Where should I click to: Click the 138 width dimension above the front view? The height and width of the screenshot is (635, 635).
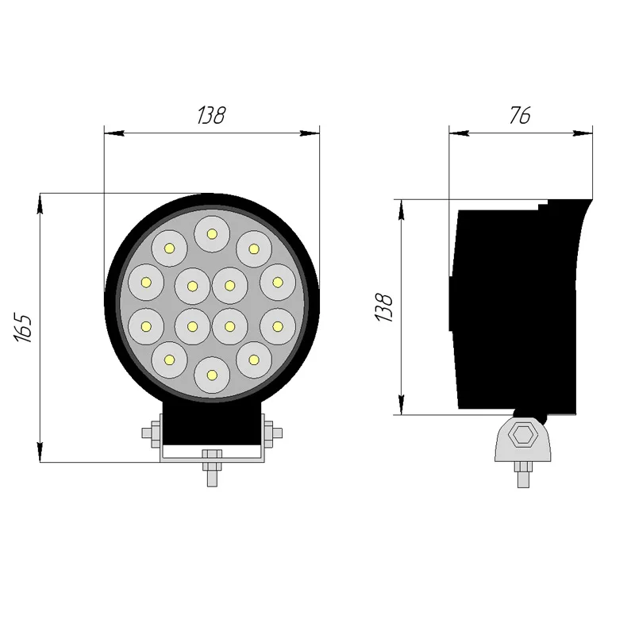tap(211, 115)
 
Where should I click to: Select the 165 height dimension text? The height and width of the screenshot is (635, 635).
tap(23, 327)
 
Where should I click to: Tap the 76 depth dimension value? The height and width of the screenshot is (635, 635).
tap(520, 115)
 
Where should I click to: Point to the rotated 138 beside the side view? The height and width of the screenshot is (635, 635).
tap(385, 307)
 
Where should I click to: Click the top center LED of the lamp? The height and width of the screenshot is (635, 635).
tap(212, 233)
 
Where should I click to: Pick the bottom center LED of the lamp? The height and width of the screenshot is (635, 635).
tap(212, 373)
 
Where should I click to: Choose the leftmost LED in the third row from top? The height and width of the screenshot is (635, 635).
tap(146, 325)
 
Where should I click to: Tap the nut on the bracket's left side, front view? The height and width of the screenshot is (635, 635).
tap(151, 433)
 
